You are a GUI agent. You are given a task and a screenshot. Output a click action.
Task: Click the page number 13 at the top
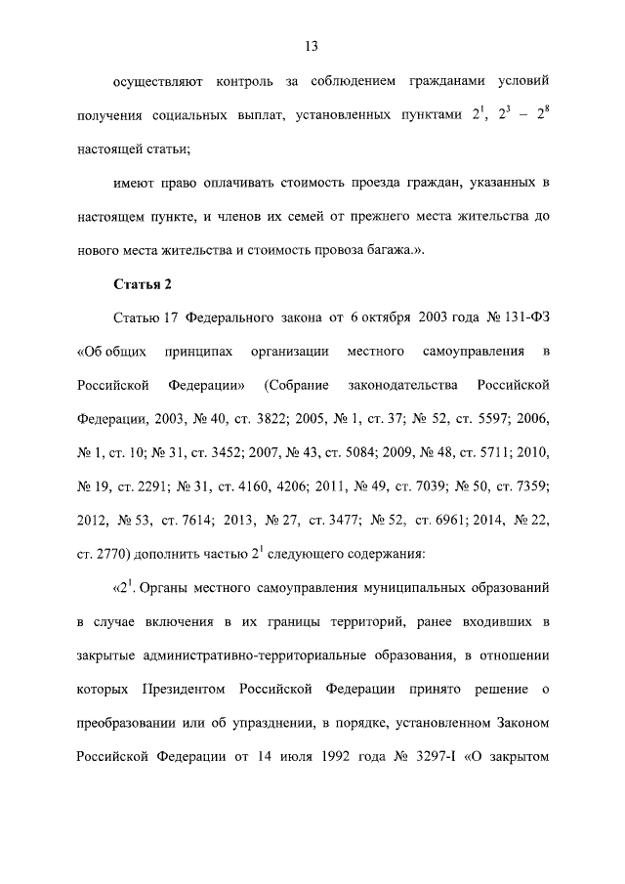pyautogui.click(x=312, y=46)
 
